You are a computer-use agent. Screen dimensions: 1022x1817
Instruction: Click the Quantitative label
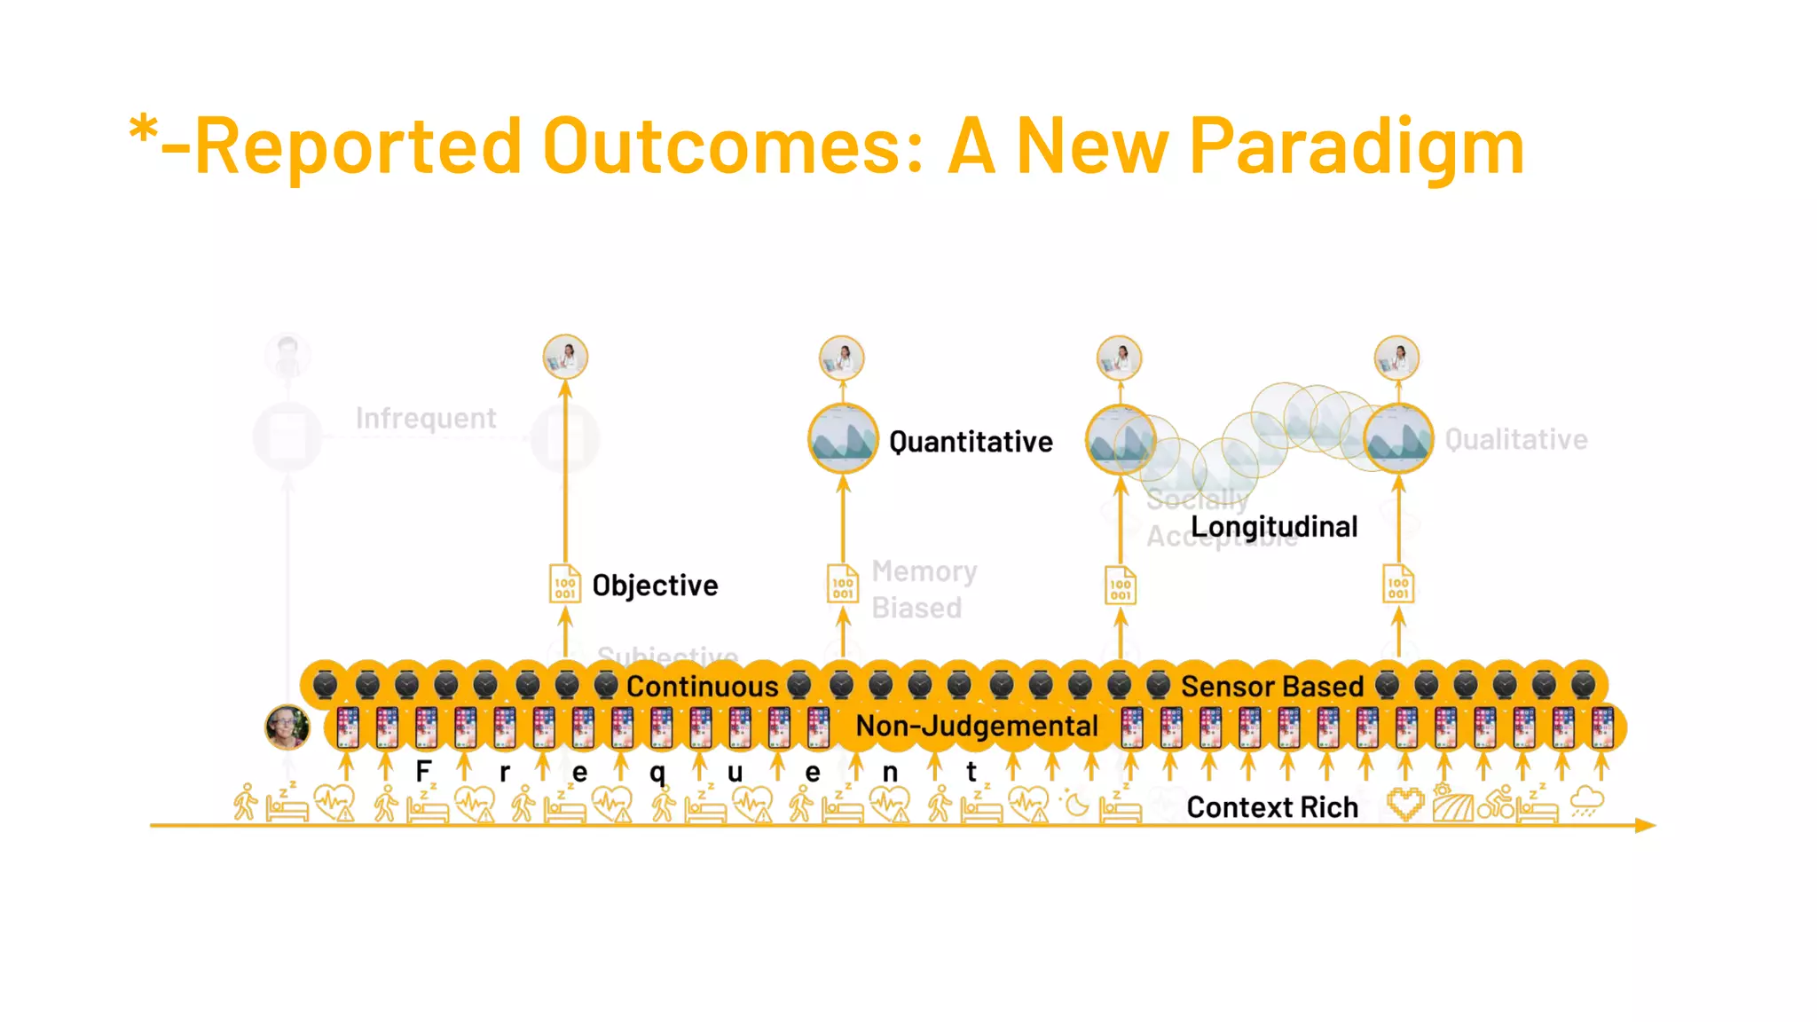pos(971,442)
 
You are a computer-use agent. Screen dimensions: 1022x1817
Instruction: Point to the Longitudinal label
pos(1273,527)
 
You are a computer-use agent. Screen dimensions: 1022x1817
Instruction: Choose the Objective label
pos(655,586)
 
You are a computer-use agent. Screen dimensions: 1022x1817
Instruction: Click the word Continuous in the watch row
pos(702,687)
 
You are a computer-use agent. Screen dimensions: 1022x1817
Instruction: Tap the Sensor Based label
pos(1271,687)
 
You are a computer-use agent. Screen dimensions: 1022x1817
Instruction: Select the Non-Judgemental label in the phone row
pos(976,727)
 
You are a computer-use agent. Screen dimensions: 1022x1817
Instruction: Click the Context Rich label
pos(1271,807)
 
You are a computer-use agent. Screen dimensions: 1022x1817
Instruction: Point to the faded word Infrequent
pos(426,418)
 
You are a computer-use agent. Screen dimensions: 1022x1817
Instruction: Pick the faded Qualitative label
pos(1515,439)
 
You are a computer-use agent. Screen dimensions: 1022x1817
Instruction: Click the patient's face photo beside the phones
pos(287,727)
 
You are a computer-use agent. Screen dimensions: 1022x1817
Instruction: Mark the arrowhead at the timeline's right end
pos(1646,825)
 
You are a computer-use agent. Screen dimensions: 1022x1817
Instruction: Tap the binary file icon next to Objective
pos(565,585)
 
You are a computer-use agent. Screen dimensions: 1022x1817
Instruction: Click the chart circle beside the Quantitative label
pos(843,438)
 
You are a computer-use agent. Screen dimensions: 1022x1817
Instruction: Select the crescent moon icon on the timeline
pos(1076,804)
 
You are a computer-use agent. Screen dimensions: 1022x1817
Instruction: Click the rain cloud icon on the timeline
pos(1586,802)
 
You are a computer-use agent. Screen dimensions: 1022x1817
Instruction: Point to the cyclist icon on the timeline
pos(1496,802)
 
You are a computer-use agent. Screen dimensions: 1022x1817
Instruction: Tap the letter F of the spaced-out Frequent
pos(424,771)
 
